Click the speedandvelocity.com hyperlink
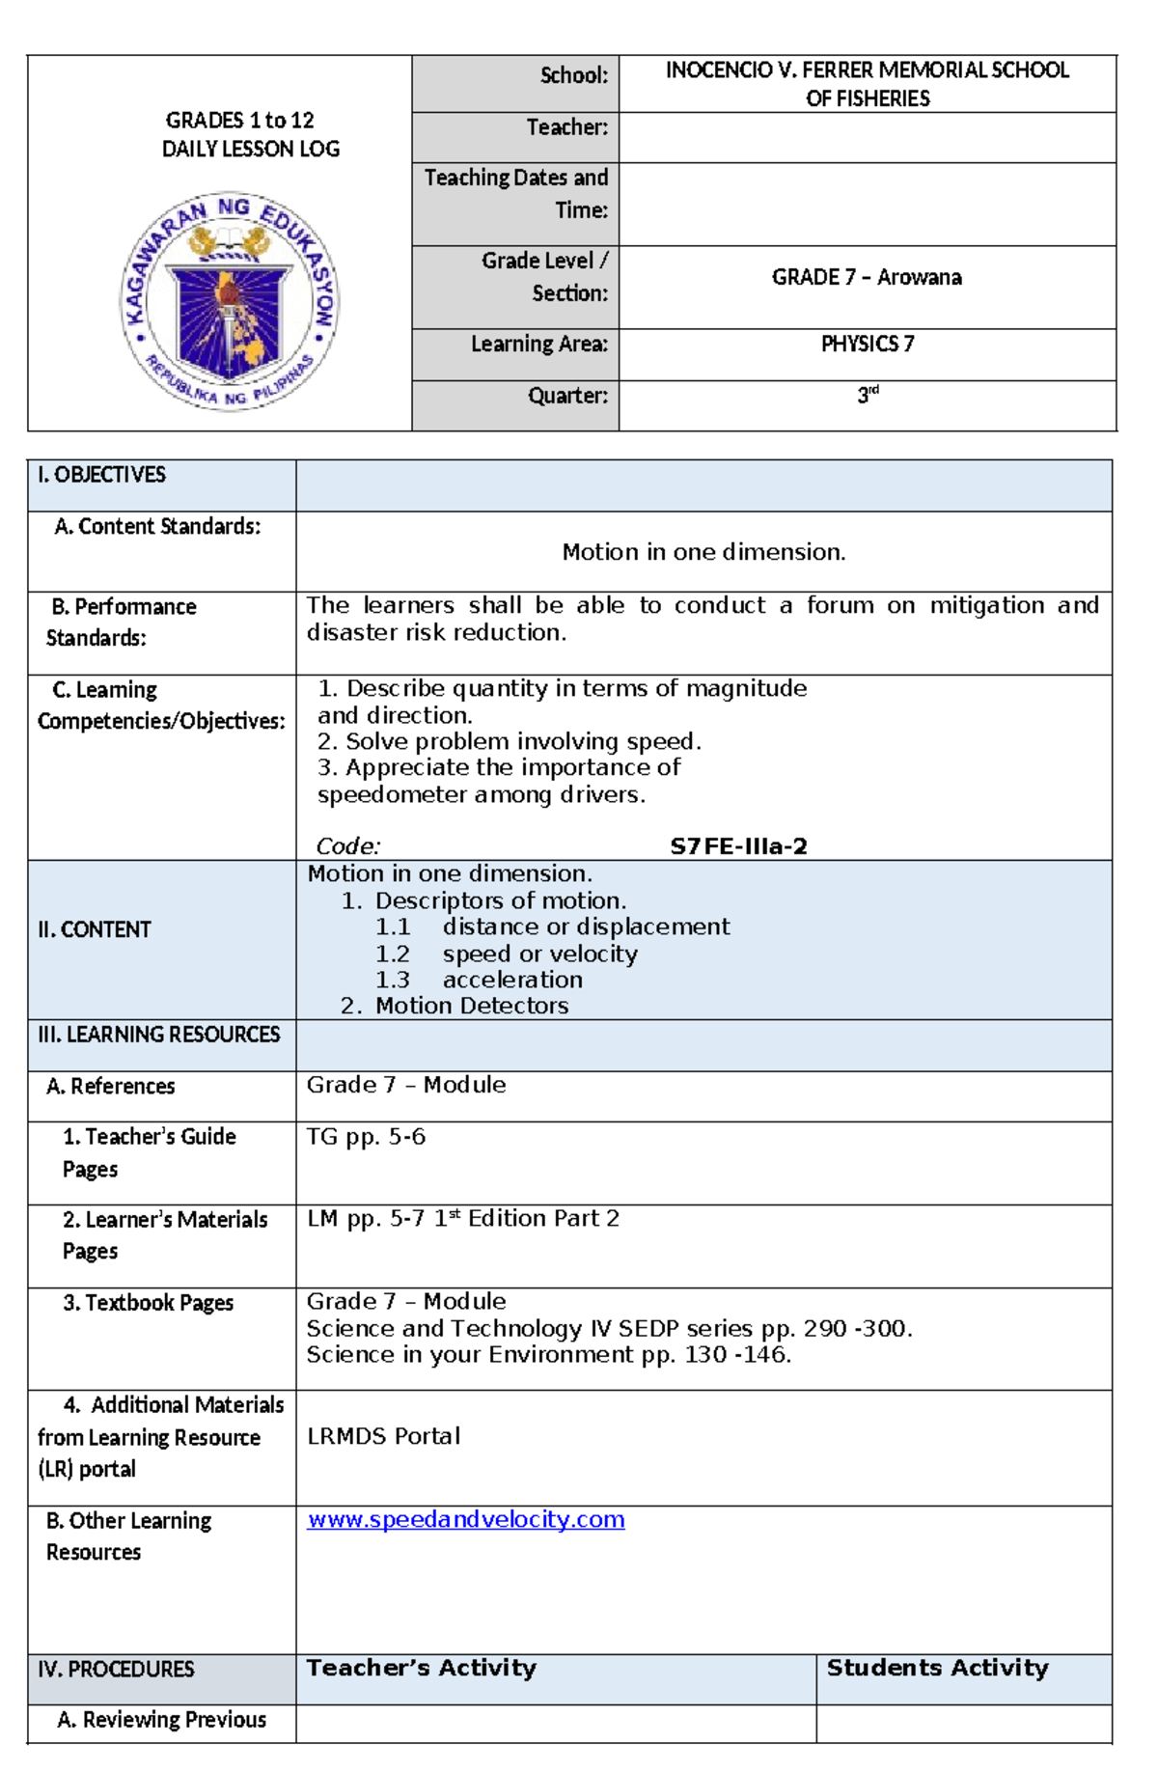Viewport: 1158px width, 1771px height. pyautogui.click(x=465, y=1519)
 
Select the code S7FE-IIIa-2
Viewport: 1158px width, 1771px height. pyautogui.click(x=738, y=846)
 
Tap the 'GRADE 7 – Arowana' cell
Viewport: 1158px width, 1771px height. pyautogui.click(x=866, y=278)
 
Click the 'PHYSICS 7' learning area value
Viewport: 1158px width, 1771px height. pyautogui.click(x=867, y=345)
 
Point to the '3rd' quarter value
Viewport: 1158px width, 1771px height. pyautogui.click(x=868, y=395)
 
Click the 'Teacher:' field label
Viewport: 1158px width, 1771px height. pyautogui.click(x=566, y=127)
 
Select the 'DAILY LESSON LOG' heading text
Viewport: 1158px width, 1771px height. pyautogui.click(x=250, y=149)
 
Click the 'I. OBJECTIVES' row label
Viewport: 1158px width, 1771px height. pyautogui.click(x=101, y=475)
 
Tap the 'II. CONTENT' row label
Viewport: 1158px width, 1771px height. pyautogui.click(x=95, y=929)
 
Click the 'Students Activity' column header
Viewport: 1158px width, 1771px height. pyautogui.click(x=937, y=1668)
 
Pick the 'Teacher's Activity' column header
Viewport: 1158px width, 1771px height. pyautogui.click(x=421, y=1668)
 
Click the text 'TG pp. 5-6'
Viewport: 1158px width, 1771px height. pyautogui.click(x=366, y=1137)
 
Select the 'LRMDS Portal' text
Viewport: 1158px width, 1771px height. pyautogui.click(x=383, y=1436)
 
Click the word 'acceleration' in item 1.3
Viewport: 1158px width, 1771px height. pyautogui.click(x=512, y=980)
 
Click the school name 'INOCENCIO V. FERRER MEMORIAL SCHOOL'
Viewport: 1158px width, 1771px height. pyautogui.click(x=867, y=70)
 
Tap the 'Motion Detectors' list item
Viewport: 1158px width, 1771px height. pyautogui.click(x=471, y=1006)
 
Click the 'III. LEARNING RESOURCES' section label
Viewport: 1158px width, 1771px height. pyautogui.click(x=158, y=1035)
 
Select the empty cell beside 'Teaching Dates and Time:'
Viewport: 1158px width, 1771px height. pyautogui.click(x=867, y=204)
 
